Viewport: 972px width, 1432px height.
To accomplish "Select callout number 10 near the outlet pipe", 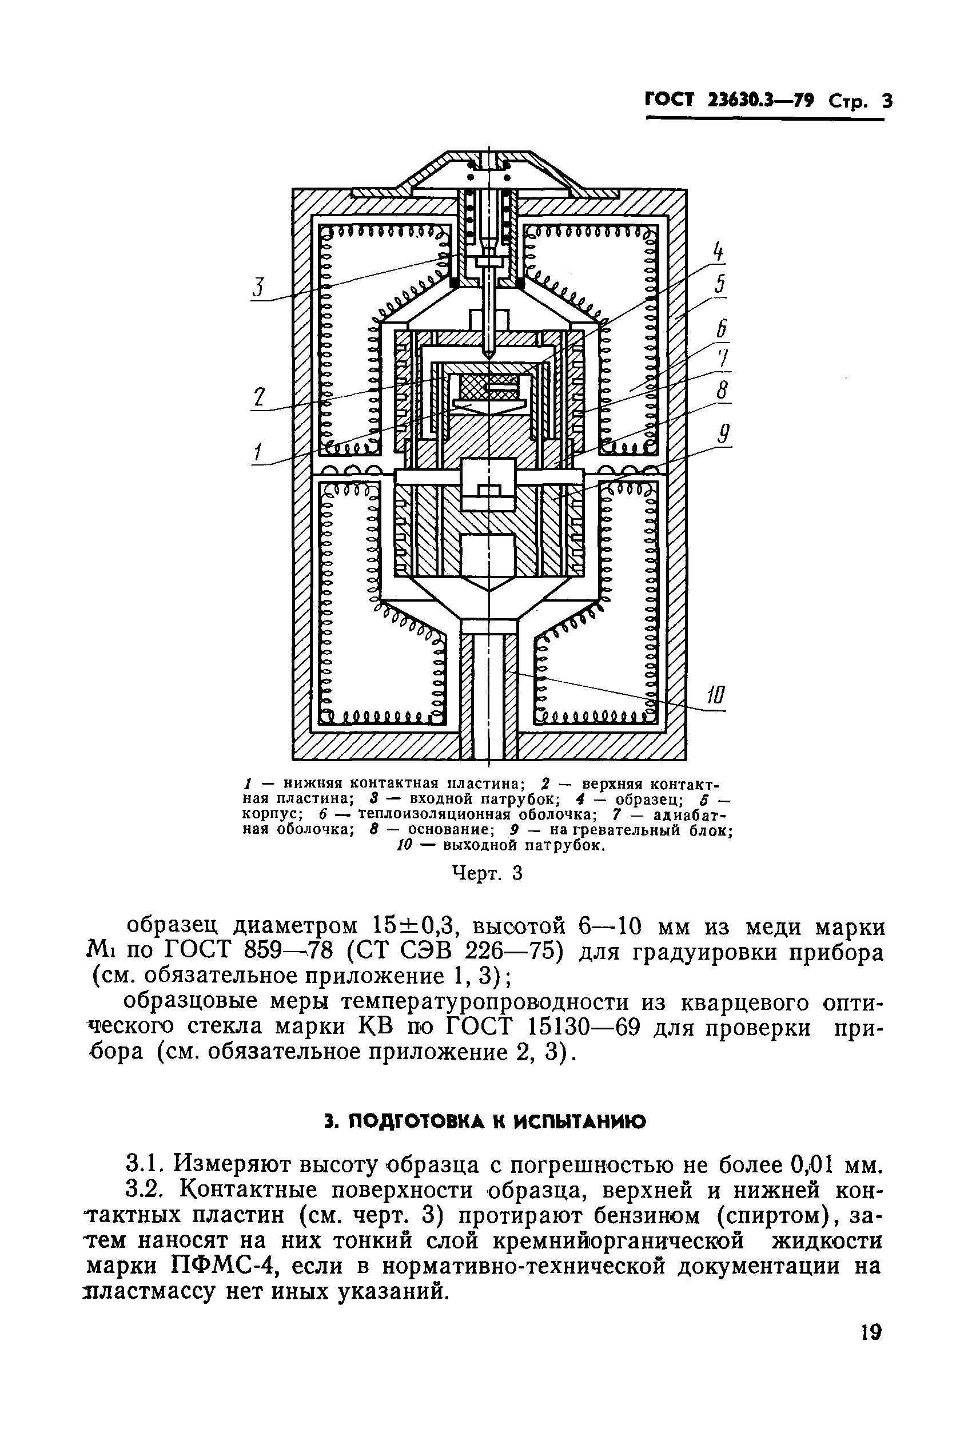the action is (x=715, y=697).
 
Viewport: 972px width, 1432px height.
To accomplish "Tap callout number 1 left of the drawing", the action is (x=257, y=453).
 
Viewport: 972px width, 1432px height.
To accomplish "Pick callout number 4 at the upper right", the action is (x=717, y=252).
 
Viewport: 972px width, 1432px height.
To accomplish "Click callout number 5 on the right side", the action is (x=719, y=285).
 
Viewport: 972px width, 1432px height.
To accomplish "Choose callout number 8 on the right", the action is (x=723, y=391).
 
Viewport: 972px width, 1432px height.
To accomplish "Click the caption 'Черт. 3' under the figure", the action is (x=487, y=873).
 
